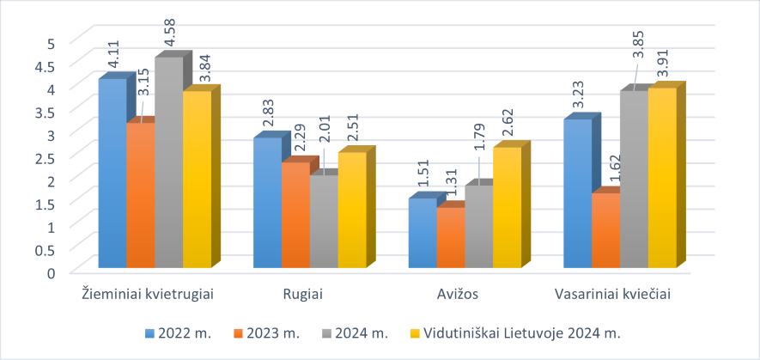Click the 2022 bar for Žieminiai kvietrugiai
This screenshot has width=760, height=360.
point(112,172)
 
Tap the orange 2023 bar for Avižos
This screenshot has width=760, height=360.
point(450,237)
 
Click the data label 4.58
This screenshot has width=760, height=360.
point(171,34)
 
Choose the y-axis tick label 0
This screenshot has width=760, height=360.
point(51,272)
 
